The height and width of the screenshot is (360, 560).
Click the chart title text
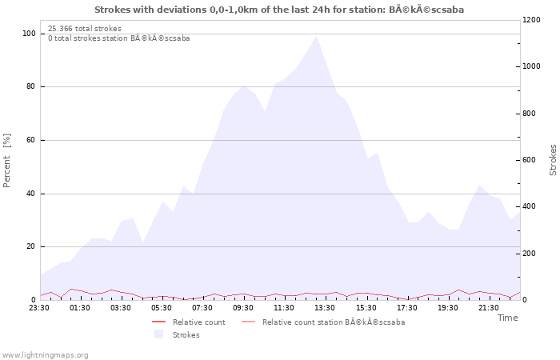coord(279,10)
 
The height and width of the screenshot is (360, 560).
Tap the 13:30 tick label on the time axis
coord(325,308)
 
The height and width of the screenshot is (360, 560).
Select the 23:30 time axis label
coord(39,308)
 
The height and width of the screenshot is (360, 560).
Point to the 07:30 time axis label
coord(202,308)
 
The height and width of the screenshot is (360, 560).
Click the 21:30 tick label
coord(488,308)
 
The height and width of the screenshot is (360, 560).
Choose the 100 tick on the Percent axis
coord(29,34)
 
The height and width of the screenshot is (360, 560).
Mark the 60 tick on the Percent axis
coord(30,140)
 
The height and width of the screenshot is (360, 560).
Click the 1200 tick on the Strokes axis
coord(531,20)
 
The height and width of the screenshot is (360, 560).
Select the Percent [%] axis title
coord(6,160)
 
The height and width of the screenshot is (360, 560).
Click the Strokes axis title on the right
coord(553,160)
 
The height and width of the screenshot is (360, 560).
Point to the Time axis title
coord(507,318)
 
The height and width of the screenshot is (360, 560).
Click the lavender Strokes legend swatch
coord(158,334)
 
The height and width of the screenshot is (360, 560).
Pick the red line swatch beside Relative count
coord(158,322)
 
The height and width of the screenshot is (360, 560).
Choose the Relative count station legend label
coord(334,322)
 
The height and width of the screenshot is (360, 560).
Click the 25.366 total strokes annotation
coord(85,29)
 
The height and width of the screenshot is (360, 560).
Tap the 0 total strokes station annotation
coord(119,38)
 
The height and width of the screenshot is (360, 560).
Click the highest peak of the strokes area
coord(316,36)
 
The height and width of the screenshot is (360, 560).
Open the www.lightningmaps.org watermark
coord(44,355)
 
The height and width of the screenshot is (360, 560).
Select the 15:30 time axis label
coord(366,308)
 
